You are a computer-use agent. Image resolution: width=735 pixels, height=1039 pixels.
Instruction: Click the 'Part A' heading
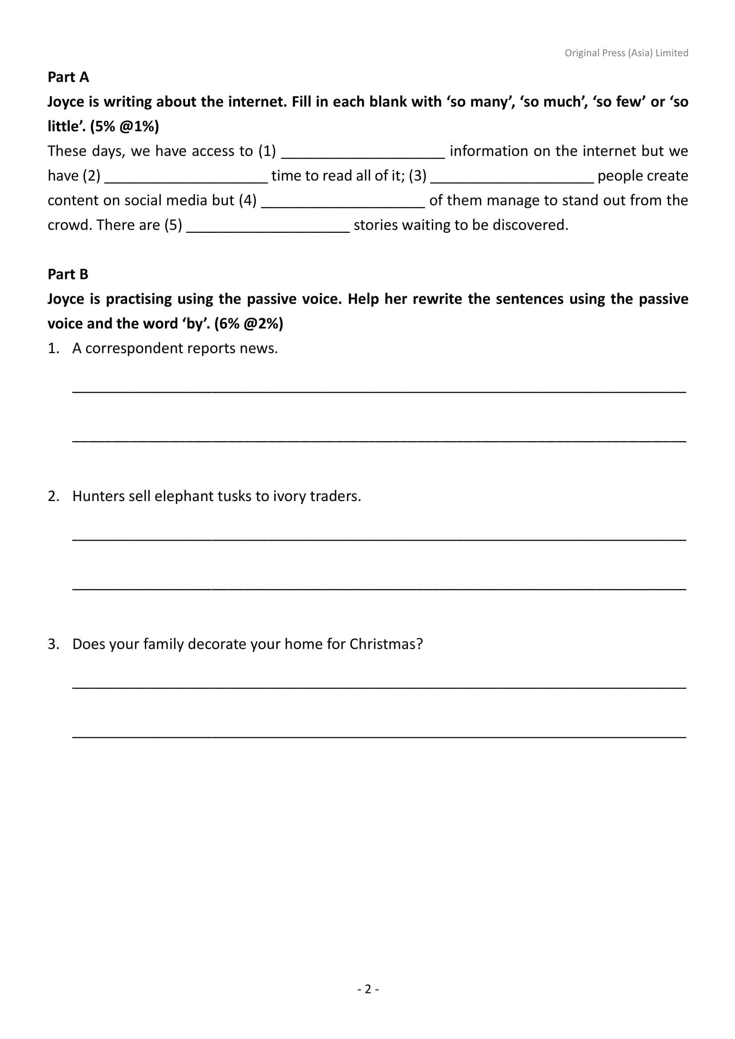[x=68, y=77]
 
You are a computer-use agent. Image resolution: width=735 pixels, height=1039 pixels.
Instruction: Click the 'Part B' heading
[x=68, y=274]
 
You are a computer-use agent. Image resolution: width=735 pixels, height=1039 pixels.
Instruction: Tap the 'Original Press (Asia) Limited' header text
[x=626, y=53]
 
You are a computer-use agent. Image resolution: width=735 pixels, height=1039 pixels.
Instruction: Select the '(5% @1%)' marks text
[x=124, y=127]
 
